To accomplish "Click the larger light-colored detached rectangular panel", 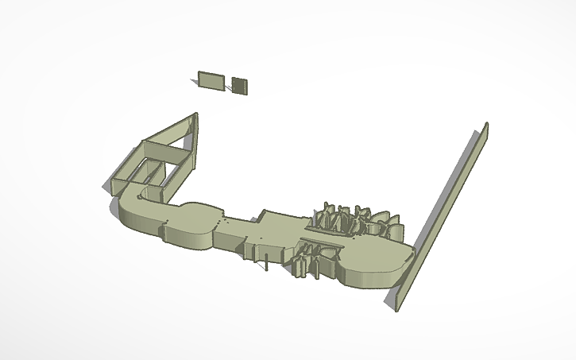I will click(x=211, y=80).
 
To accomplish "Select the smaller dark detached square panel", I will click(x=240, y=84).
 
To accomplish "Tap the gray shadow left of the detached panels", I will click(x=197, y=77).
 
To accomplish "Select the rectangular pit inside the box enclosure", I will click(x=150, y=168).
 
